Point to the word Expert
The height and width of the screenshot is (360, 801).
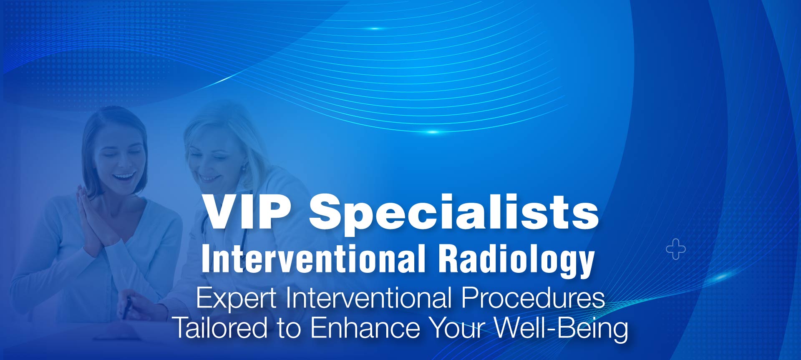pyautogui.click(x=236, y=299)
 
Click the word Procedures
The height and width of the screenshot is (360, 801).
pyautogui.click(x=533, y=298)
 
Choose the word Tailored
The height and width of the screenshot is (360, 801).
pyautogui.click(x=220, y=327)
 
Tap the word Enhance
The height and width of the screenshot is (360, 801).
pyautogui.click(x=365, y=327)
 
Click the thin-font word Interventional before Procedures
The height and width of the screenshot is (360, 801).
pyautogui.click(x=369, y=298)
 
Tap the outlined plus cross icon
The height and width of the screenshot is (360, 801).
pyautogui.click(x=675, y=249)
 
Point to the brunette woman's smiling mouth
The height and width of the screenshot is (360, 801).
pyautogui.click(x=124, y=176)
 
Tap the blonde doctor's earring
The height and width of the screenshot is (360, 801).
pyautogui.click(x=244, y=168)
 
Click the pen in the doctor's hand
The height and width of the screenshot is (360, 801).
pyautogui.click(x=127, y=307)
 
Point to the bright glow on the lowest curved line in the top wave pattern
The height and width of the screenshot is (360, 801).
pyautogui.click(x=433, y=132)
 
